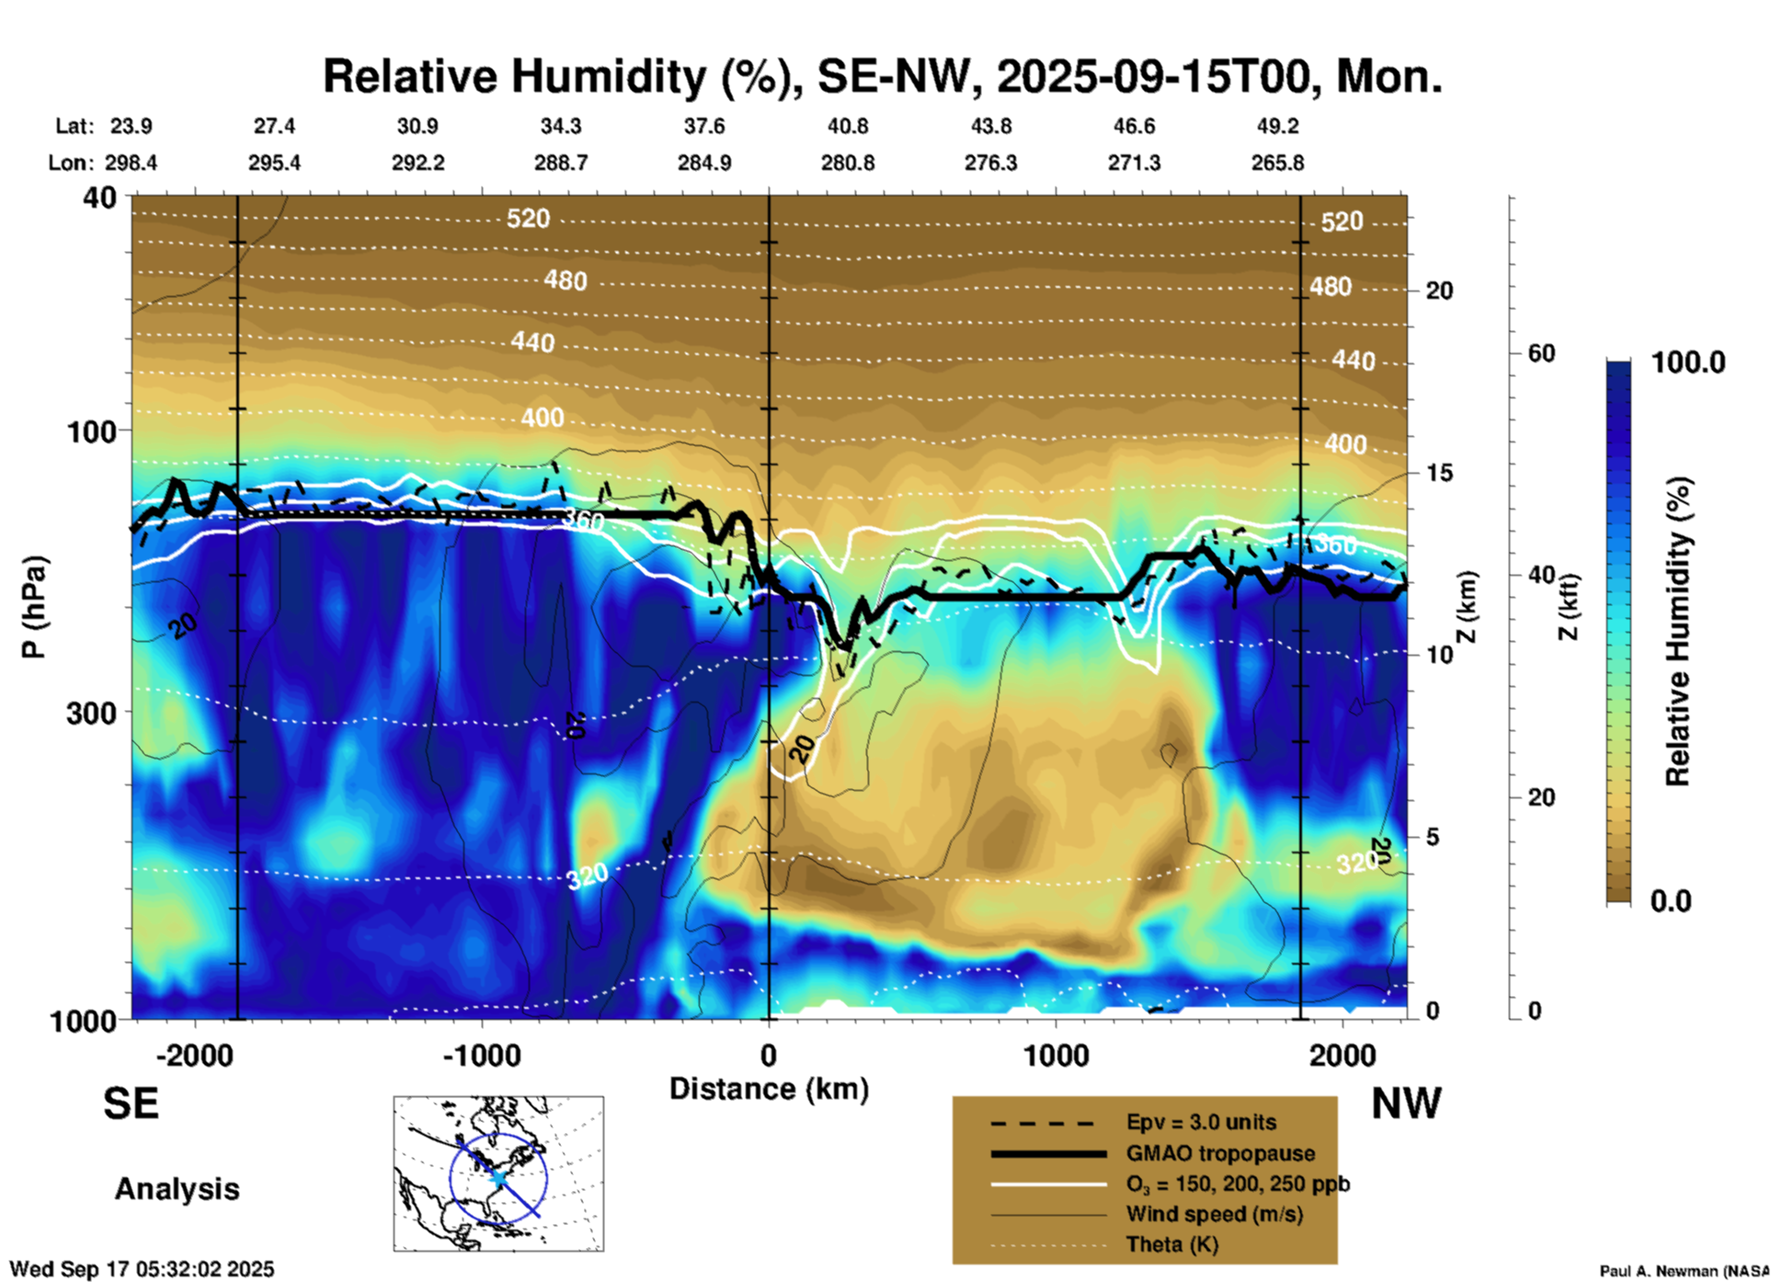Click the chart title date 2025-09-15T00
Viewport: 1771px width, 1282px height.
[x=1153, y=76]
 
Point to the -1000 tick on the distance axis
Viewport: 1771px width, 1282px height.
[x=481, y=1055]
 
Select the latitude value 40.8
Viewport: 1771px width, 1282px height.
[x=847, y=126]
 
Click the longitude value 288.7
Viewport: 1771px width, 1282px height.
[x=560, y=163]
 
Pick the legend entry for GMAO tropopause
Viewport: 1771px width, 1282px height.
[x=1220, y=1153]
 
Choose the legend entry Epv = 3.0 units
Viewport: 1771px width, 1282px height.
[x=1201, y=1123]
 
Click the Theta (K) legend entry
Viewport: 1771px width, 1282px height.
[x=1171, y=1244]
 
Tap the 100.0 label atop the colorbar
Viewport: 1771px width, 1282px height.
[x=1687, y=362]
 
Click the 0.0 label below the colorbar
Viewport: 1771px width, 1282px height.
[x=1671, y=901]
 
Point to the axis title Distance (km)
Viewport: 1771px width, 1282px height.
[x=769, y=1089]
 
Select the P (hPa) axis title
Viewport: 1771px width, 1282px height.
[x=34, y=607]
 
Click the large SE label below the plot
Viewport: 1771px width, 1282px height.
[x=131, y=1103]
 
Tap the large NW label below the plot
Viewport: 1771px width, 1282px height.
[x=1406, y=1103]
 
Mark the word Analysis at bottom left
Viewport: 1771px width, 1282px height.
[x=177, y=1189]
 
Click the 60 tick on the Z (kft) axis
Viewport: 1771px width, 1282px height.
[x=1541, y=353]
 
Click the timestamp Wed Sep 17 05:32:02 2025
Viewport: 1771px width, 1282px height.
[x=142, y=1269]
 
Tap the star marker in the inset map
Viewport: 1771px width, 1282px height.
[x=497, y=1178]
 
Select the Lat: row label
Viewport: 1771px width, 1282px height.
[x=74, y=126]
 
